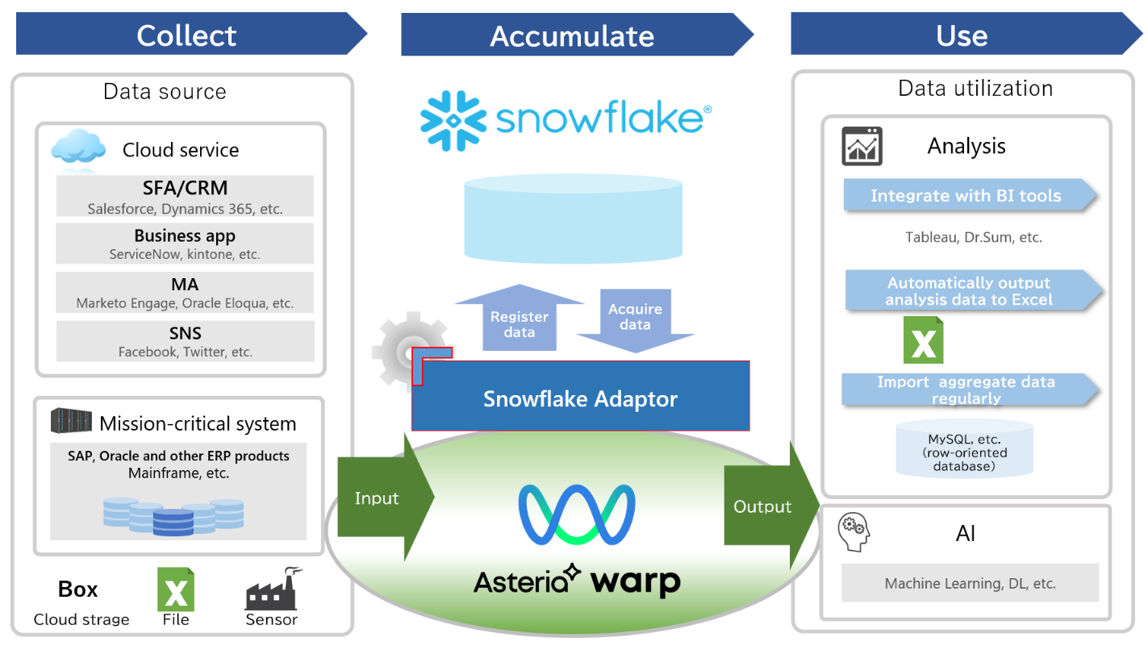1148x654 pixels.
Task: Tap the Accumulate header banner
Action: (x=572, y=35)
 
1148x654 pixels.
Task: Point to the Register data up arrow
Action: (x=520, y=318)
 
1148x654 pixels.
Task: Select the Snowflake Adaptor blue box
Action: (x=580, y=398)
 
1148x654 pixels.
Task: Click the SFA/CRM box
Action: (x=185, y=196)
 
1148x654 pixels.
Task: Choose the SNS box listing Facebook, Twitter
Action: (x=185, y=341)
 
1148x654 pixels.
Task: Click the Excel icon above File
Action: (x=176, y=589)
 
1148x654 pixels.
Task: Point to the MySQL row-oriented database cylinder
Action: (x=964, y=448)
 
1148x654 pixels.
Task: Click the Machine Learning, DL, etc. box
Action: (x=970, y=583)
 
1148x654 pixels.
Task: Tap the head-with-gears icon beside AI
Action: (x=854, y=532)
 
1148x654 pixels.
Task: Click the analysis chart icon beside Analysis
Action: (x=862, y=146)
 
